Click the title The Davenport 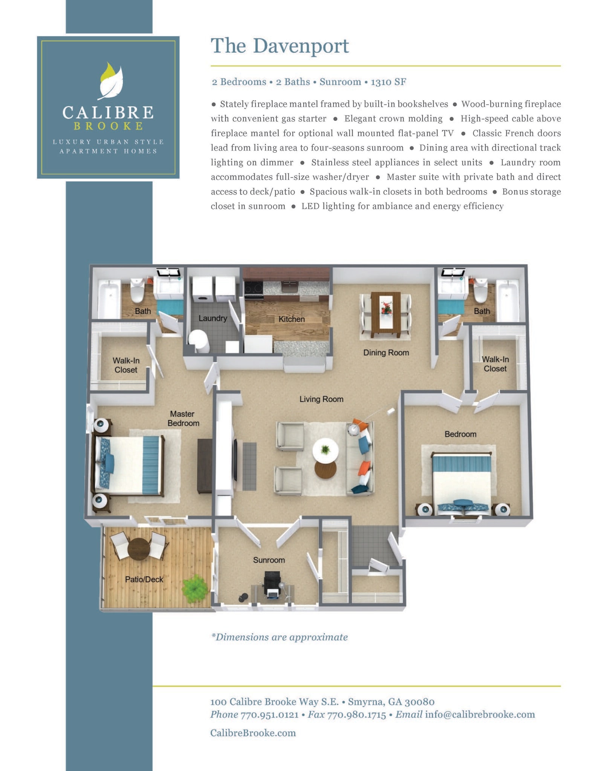pos(280,46)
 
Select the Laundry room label pos(212,318)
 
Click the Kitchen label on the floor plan pos(291,319)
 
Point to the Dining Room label pos(386,353)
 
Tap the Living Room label pos(321,399)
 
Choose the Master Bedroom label pos(183,419)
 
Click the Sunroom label pos(269,560)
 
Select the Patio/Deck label pos(144,579)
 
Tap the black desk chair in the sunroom pos(272,580)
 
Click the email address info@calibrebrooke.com pos(480,715)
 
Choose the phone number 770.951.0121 pos(269,715)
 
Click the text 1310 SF pos(388,82)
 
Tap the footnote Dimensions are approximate pos(280,637)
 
